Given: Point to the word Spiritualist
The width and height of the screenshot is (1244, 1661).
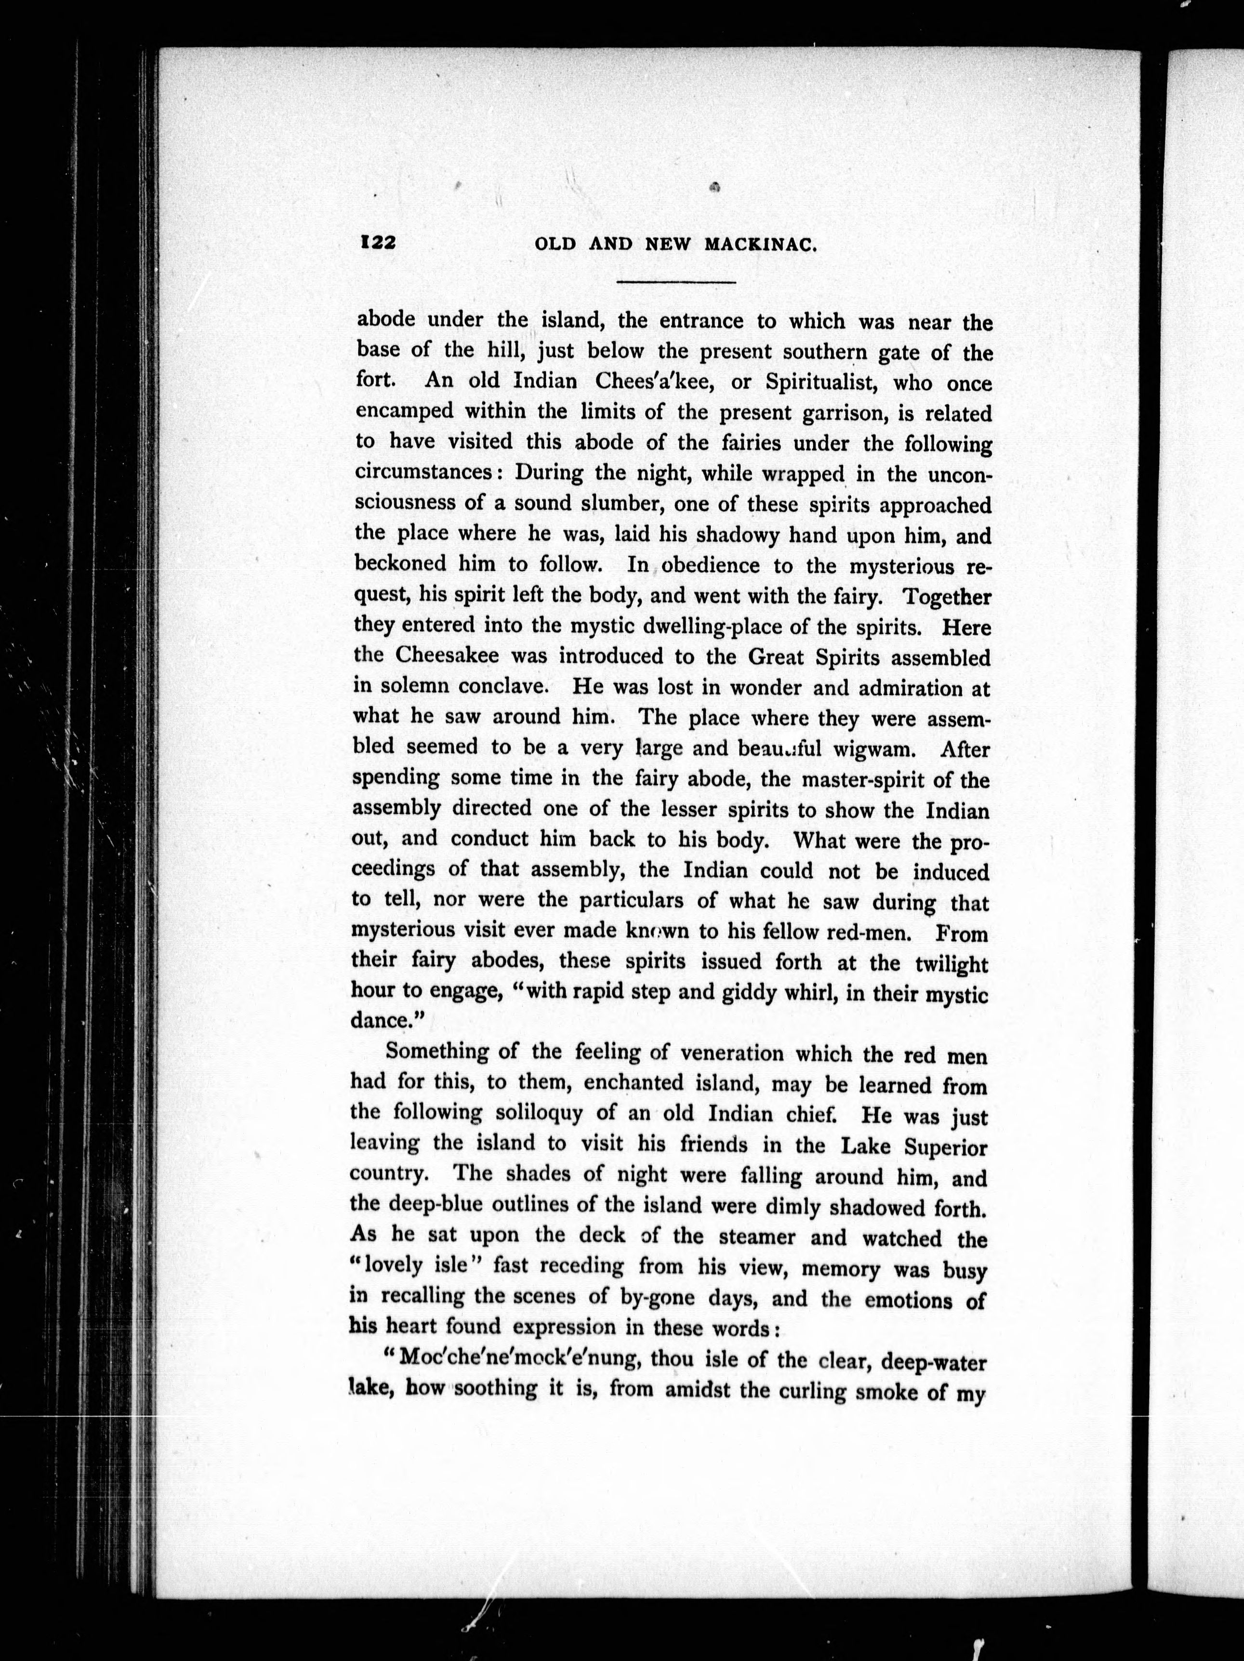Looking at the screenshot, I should (x=816, y=383).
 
